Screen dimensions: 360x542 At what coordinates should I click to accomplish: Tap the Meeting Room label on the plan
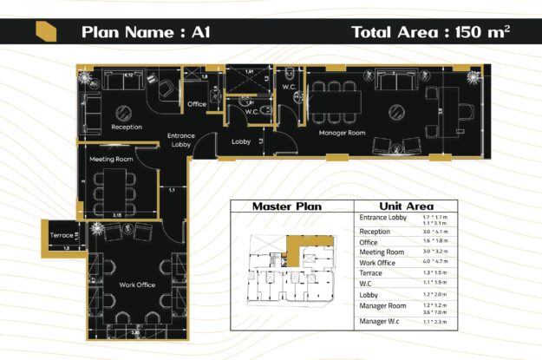[111, 160]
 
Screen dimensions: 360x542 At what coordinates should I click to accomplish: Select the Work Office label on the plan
[114, 285]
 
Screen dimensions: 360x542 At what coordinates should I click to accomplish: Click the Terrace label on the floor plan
[62, 235]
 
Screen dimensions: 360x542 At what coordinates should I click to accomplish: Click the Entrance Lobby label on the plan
[180, 140]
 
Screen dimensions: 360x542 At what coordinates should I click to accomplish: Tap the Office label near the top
[196, 104]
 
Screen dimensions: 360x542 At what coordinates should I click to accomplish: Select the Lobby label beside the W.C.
[241, 141]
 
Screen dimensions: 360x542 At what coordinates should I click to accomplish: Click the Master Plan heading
[286, 206]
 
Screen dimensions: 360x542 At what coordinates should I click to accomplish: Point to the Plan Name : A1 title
[145, 33]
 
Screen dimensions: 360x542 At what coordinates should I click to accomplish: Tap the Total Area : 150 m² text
[430, 33]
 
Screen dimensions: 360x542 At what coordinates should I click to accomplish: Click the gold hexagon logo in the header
[46, 33]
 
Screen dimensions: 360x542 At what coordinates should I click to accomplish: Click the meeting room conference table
[111, 187]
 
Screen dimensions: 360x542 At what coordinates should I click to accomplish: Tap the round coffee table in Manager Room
[395, 111]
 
